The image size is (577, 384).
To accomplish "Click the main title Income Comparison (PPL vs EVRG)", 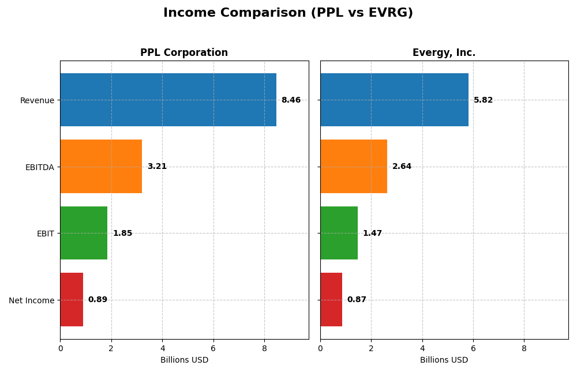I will click(x=288, y=13).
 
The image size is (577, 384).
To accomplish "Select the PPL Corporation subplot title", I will click(x=184, y=53).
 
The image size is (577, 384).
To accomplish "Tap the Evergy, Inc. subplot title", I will click(x=444, y=53).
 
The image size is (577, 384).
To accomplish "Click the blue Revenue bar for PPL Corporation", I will click(x=168, y=100).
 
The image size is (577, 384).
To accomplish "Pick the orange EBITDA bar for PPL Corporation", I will click(x=101, y=167).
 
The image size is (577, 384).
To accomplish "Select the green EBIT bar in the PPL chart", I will click(x=84, y=233).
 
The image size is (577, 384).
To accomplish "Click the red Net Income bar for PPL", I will click(x=72, y=300).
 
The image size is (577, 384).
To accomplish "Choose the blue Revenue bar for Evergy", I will click(x=394, y=100).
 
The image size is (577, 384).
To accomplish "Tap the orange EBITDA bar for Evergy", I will click(x=354, y=167).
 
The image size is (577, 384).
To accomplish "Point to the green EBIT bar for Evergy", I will click(x=339, y=233).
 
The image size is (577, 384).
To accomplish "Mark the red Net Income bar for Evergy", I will click(x=331, y=300).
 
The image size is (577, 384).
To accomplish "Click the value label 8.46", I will click(x=291, y=100).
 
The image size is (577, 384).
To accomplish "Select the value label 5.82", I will click(x=483, y=100).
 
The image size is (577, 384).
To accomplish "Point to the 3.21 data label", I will click(x=157, y=167).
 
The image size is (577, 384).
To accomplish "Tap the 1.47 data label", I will click(x=372, y=234).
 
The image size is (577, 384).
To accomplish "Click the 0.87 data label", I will click(x=357, y=300).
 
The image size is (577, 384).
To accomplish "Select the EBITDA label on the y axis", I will click(x=40, y=167).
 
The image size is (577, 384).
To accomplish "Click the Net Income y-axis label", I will click(x=32, y=300).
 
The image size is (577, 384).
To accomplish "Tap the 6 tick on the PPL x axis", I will click(x=213, y=348).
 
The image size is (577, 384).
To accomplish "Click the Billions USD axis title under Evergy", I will click(x=444, y=360).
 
